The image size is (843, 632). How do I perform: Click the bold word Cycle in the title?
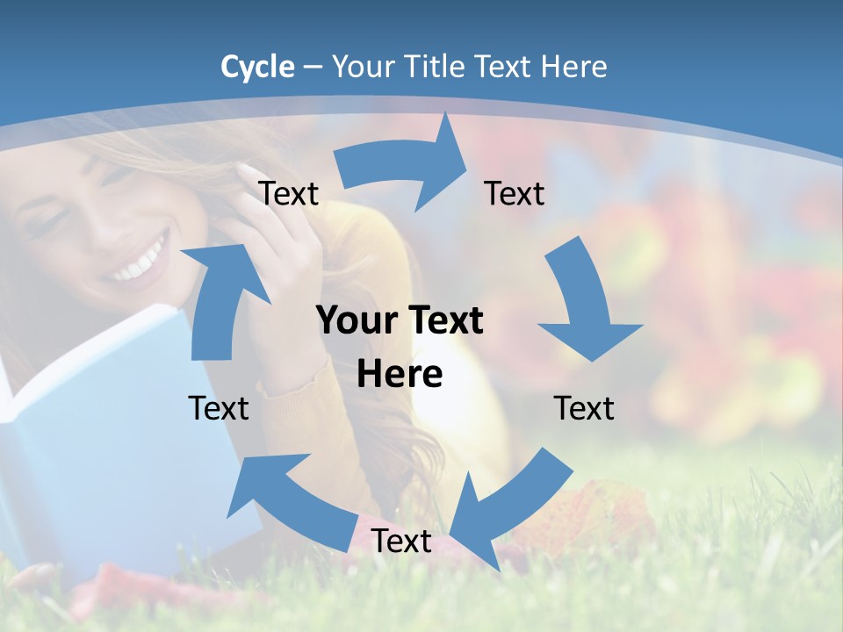tap(257, 67)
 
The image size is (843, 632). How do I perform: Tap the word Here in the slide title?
tap(574, 67)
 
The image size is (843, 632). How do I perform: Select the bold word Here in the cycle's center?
tap(400, 374)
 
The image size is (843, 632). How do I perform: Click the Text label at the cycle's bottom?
tap(401, 541)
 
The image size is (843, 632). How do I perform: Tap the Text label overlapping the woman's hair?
tap(288, 193)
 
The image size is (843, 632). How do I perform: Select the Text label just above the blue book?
tap(219, 408)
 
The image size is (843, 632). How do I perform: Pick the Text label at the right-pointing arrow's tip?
tap(515, 193)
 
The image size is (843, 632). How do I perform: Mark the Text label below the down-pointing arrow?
tap(584, 408)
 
